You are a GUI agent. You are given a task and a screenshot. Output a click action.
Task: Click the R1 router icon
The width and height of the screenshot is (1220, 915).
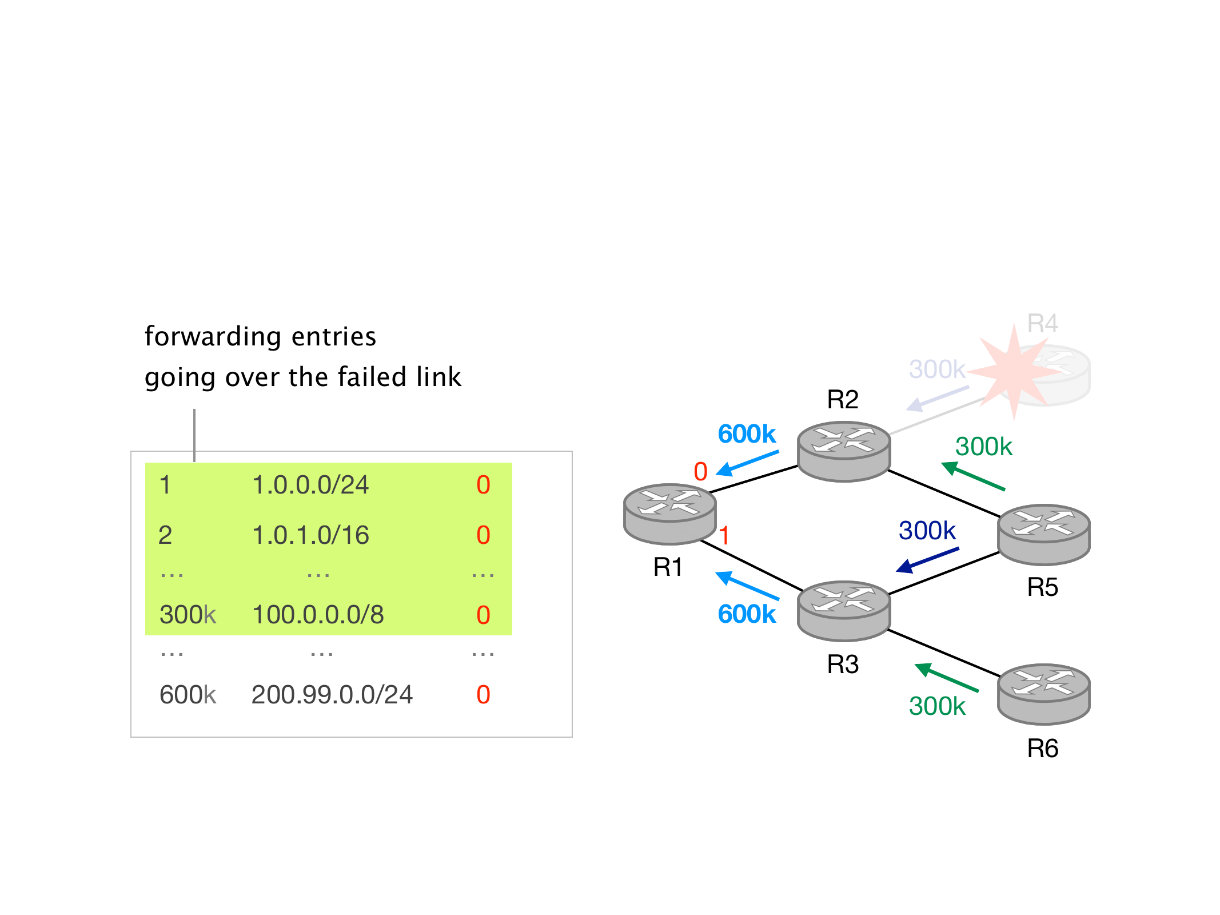(x=669, y=513)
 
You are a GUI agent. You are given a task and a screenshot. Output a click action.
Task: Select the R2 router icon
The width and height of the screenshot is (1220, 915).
(x=843, y=451)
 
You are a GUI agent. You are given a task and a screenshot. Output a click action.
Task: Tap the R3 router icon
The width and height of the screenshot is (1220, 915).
(x=843, y=610)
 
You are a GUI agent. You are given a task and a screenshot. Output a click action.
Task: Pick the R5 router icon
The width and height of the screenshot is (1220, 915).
(x=1043, y=534)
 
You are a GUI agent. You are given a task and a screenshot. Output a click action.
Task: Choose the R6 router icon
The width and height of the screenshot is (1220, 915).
(x=1043, y=693)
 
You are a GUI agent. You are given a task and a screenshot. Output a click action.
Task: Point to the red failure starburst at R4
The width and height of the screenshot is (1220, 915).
(x=1013, y=371)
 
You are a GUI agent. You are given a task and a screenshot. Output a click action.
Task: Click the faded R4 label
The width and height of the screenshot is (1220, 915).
(x=1042, y=324)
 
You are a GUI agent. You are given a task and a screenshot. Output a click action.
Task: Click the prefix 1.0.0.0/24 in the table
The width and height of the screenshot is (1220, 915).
(x=310, y=485)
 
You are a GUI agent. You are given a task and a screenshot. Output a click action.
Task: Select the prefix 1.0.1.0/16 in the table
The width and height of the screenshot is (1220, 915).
(x=310, y=535)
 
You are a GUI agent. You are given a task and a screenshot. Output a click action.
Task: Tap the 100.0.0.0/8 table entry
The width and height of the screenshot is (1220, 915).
(x=318, y=615)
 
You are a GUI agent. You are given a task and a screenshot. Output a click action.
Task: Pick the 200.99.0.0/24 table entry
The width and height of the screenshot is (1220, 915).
(x=332, y=695)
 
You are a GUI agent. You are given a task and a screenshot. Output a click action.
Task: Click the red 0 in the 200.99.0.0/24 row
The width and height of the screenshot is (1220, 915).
(x=483, y=695)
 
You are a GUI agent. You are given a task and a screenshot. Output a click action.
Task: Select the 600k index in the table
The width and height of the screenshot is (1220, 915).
(x=188, y=695)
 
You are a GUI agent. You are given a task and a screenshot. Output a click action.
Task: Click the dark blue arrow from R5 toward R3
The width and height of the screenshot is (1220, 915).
(x=927, y=560)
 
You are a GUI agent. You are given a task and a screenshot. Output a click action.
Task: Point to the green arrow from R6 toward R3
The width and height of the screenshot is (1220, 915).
(x=947, y=678)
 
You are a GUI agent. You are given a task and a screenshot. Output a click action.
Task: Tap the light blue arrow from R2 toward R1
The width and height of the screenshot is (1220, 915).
(x=747, y=463)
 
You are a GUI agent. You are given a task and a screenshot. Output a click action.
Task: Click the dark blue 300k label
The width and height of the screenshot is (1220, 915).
(x=927, y=531)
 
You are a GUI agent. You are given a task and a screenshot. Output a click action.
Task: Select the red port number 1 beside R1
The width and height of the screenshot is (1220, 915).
(x=724, y=536)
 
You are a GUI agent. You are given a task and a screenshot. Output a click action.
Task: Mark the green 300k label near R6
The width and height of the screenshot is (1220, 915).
(x=937, y=706)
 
